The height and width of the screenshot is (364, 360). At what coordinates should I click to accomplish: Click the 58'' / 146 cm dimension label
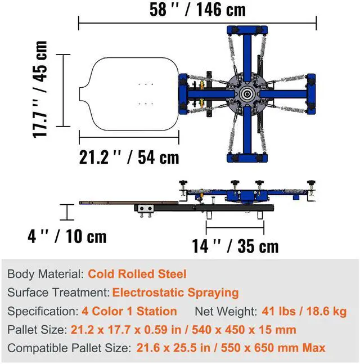pos(197,10)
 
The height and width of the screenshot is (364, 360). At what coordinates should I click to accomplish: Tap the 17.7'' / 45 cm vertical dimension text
pos(40,89)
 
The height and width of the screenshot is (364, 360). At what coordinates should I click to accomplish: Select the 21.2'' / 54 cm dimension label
pos(129,158)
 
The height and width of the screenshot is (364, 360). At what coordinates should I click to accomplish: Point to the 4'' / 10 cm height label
pos(67,236)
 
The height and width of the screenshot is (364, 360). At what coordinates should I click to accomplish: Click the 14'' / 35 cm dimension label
pos(235,246)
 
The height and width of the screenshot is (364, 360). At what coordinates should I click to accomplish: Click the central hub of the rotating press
pos(247,94)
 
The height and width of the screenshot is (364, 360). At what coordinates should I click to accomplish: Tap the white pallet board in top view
pos(129,94)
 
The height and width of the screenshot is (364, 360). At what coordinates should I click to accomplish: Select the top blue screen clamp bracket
pos(247,30)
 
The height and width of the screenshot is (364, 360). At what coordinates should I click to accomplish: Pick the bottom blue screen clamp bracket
pos(247,158)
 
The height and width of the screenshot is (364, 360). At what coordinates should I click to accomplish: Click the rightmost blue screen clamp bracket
pos(311,94)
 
